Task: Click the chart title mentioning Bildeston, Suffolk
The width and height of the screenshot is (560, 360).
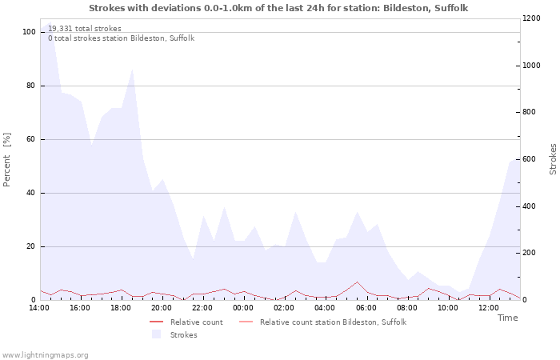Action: click(278, 8)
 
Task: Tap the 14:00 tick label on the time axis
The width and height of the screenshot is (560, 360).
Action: click(39, 308)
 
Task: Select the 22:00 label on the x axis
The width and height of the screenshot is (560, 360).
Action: click(202, 308)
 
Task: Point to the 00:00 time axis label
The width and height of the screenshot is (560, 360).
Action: click(243, 308)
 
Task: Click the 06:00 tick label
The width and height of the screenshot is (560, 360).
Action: click(366, 308)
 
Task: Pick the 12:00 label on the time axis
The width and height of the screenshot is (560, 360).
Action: click(489, 308)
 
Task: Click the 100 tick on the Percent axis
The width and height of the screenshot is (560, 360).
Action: click(29, 32)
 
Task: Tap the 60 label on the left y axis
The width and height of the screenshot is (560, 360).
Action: click(31, 139)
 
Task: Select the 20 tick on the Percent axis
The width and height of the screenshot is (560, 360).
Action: click(31, 246)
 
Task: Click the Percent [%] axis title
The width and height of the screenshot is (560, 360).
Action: click(8, 160)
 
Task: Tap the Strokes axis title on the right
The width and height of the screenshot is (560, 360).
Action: click(553, 160)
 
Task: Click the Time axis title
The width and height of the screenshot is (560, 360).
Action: click(507, 318)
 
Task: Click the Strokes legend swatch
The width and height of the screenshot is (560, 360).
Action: click(156, 334)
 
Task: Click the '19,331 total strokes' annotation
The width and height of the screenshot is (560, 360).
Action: click(85, 29)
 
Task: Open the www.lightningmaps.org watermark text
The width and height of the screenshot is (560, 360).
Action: click(46, 355)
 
